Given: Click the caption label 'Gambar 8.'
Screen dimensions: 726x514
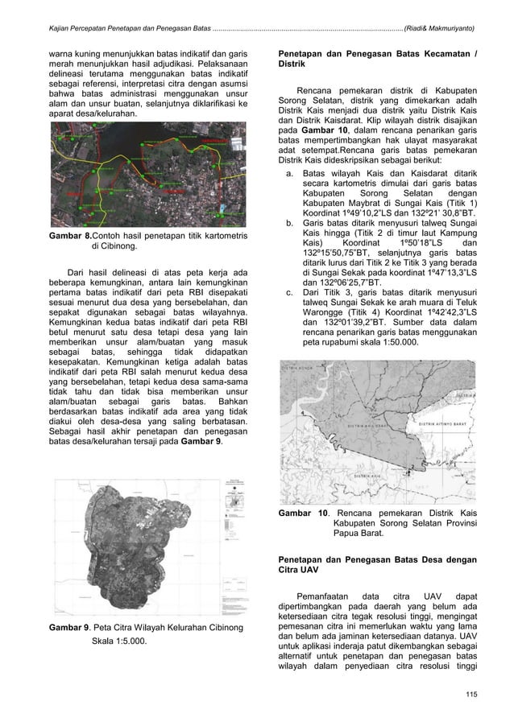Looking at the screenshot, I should click(68, 234).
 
